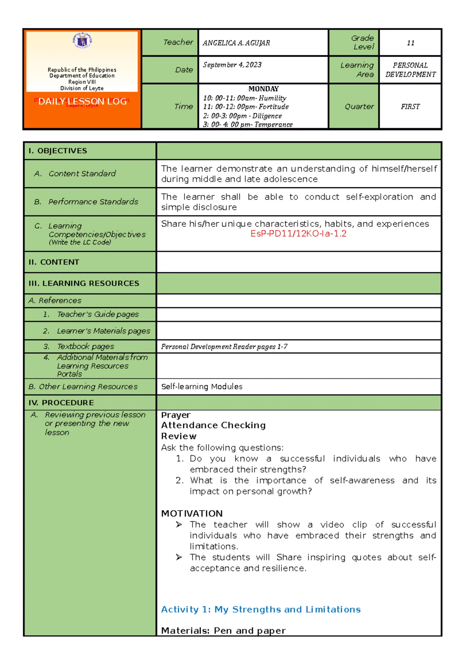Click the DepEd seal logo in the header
coord(82,41)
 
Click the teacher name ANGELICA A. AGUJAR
coord(236,43)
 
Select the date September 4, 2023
coord(232,65)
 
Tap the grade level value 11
coord(410,43)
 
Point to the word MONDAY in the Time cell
coord(263,89)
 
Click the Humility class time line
coord(245,98)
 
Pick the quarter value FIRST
coord(410,107)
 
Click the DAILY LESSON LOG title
coord(82,102)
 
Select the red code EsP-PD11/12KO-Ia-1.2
coord(298,234)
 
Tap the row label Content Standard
coord(82,173)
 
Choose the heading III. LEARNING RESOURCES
coord(84,283)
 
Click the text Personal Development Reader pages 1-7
coord(224,347)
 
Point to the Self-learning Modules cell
coord(202,386)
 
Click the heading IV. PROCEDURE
coord(61,403)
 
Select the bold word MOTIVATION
coord(192,513)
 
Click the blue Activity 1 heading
coord(261,609)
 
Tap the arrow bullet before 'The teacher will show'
coord(179,524)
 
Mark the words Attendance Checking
coord(213,425)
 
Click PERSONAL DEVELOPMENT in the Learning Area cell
coord(410,70)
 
